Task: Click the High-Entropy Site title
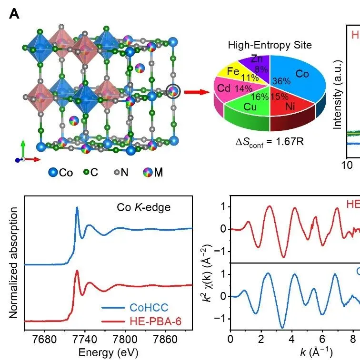(x=270, y=45)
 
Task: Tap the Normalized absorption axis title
(x=14, y=263)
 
